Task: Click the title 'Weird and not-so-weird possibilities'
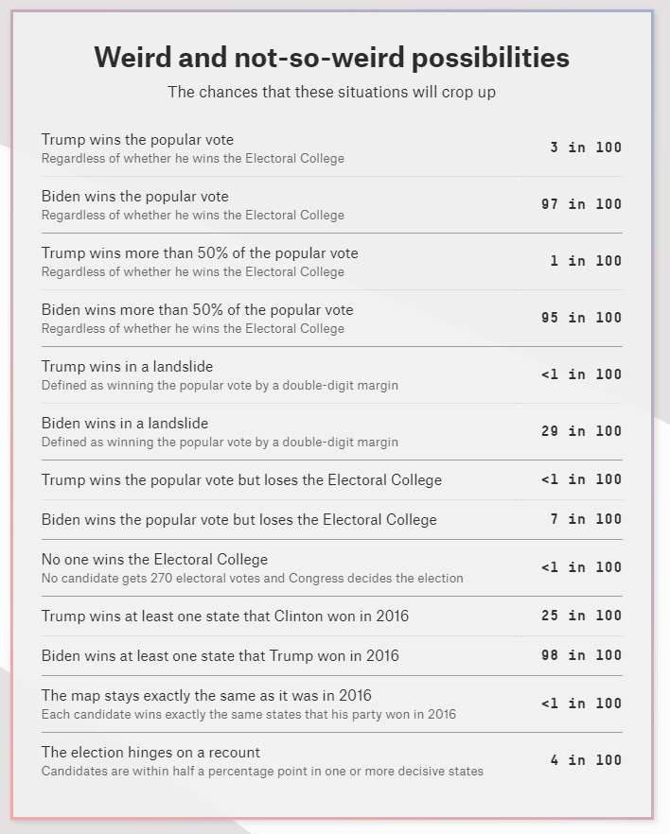coord(331,58)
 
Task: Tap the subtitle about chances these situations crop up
coord(331,92)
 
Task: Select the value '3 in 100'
coord(586,148)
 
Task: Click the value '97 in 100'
coord(581,204)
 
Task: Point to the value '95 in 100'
coord(581,318)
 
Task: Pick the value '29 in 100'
coord(581,431)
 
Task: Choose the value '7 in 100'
coord(586,519)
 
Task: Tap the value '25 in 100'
coord(581,616)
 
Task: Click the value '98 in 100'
coord(581,655)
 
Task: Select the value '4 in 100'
coord(586,760)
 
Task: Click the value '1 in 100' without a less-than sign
coord(586,261)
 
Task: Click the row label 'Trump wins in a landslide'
coord(127,367)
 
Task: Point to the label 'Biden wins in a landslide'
coord(125,424)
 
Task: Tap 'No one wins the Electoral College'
coord(154,560)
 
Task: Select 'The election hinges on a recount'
coord(150,753)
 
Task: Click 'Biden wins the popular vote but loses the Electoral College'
coord(239,519)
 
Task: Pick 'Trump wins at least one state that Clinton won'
coord(225,616)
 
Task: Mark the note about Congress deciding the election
coord(252,578)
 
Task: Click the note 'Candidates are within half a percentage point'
coord(262,771)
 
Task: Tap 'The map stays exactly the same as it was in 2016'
coord(206,696)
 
